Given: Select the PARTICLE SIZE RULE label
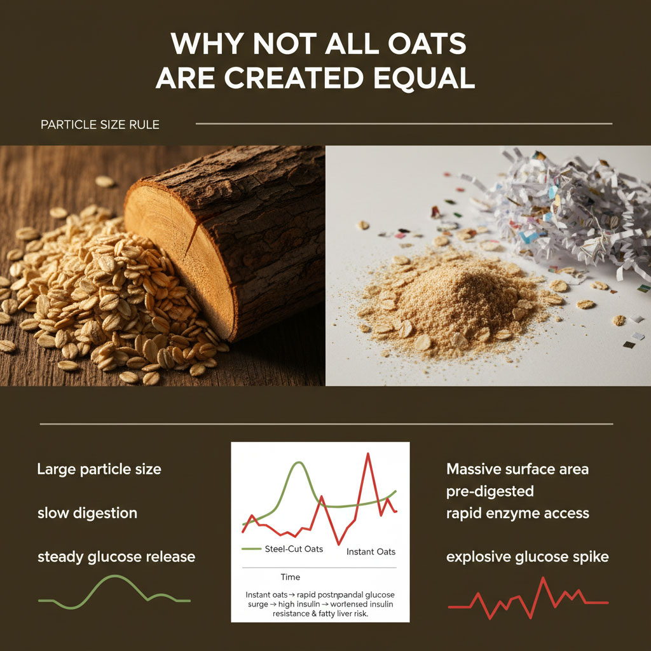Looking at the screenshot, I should click(x=100, y=125).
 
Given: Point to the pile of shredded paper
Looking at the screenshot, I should click(x=559, y=210).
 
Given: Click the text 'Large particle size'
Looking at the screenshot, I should click(x=99, y=470).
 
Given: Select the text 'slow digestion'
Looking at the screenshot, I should click(x=87, y=513).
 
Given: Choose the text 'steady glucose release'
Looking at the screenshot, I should click(x=116, y=558).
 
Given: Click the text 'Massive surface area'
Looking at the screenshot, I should click(x=517, y=470).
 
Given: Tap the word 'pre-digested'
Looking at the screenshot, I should click(x=490, y=491).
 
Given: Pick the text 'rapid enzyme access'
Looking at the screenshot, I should click(x=517, y=513).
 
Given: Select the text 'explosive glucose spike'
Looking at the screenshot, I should click(x=528, y=558).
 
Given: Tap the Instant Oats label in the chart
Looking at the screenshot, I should click(x=371, y=552).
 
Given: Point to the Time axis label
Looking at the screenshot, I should click(x=290, y=577).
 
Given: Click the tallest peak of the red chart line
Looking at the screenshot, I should click(x=367, y=454).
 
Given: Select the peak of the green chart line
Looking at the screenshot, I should click(x=297, y=463).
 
